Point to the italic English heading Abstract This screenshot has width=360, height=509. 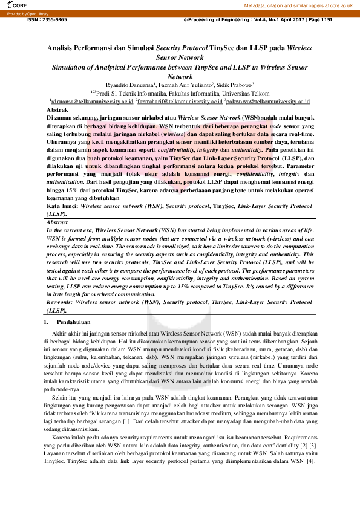57,223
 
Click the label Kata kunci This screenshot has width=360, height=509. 62,206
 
